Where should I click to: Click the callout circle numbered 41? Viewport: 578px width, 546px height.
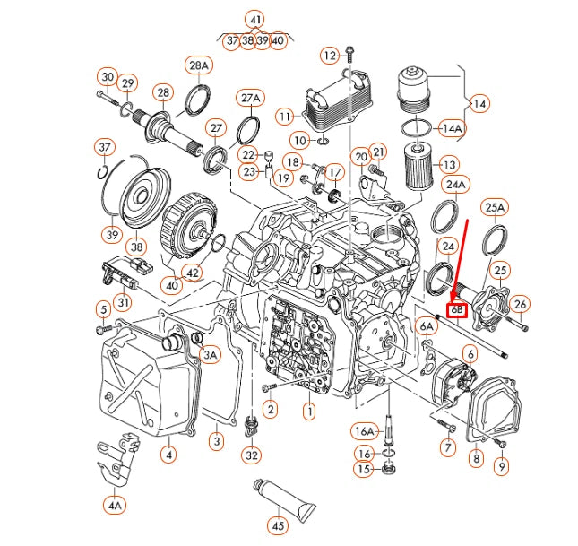[x=256, y=19]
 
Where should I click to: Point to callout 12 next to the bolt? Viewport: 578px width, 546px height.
[x=331, y=56]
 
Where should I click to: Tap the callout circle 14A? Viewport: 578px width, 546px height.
[x=453, y=128]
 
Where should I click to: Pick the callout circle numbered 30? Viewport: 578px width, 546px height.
[x=108, y=77]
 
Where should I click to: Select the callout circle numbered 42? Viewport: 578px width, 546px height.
[x=192, y=273]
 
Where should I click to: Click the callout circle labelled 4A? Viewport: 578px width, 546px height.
[x=115, y=506]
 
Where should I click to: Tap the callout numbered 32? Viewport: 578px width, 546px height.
[x=252, y=455]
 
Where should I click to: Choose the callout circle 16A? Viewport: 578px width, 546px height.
[x=363, y=430]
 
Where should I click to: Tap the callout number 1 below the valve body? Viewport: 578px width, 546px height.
[x=309, y=412]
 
